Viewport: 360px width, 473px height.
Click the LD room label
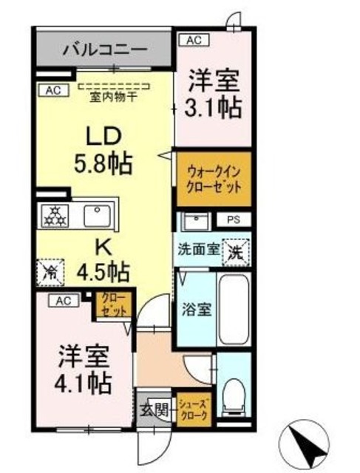point(103,136)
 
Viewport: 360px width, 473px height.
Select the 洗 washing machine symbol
point(237,251)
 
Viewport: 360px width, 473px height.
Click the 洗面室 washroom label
point(197,250)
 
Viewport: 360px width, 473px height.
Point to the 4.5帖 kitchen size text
point(103,270)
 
